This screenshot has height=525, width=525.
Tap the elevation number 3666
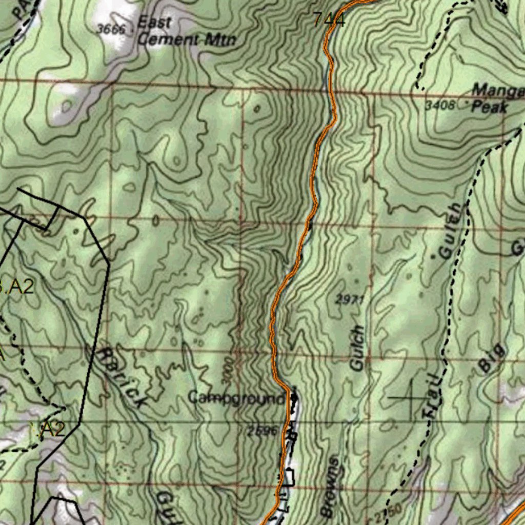[x=111, y=29]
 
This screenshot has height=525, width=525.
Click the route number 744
[x=329, y=20]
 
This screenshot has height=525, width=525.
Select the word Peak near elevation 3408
[x=489, y=107]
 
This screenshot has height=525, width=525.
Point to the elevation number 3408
[x=440, y=106]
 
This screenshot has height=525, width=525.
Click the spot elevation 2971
[x=350, y=299]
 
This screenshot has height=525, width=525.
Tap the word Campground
[x=236, y=398]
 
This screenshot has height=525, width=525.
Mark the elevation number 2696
[x=262, y=431]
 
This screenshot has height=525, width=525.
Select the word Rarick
[x=122, y=377]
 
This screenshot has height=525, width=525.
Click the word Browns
[x=330, y=487]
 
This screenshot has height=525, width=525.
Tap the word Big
[x=492, y=358]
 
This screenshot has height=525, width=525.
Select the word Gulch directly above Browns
[x=357, y=348]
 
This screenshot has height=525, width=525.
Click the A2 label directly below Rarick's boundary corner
[x=51, y=430]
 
